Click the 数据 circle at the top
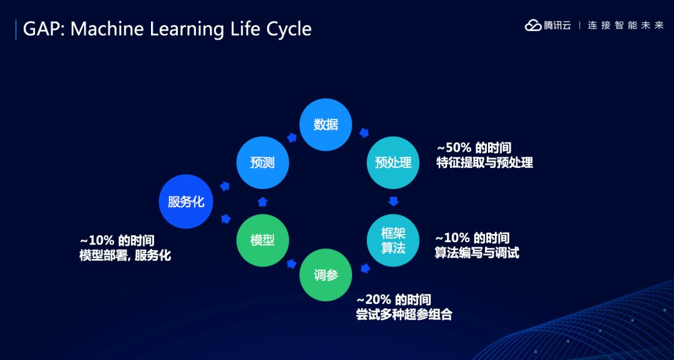(326, 125)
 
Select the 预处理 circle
(393, 162)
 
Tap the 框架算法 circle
(393, 240)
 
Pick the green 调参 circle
(326, 275)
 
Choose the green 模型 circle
(263, 240)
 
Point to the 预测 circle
(263, 162)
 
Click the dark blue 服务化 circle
(186, 202)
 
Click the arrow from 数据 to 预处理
(364, 133)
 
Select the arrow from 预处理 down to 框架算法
(393, 201)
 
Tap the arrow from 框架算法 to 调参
(365, 268)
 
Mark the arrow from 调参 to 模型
(292, 263)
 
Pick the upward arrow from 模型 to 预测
(263, 202)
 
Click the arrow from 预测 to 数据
(292, 137)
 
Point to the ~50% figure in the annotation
(454, 148)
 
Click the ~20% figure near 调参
(374, 299)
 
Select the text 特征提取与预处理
(485, 163)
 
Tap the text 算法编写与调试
(477, 253)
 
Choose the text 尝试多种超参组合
(404, 314)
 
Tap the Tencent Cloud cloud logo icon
(533, 26)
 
